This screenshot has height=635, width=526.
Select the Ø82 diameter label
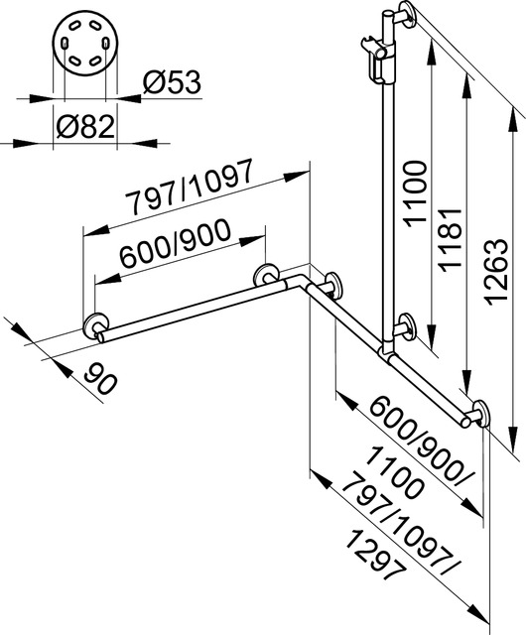(87, 127)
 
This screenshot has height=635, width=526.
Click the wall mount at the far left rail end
(97, 328)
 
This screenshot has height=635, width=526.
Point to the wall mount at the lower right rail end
(481, 412)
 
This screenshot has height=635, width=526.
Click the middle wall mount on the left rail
(265, 277)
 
